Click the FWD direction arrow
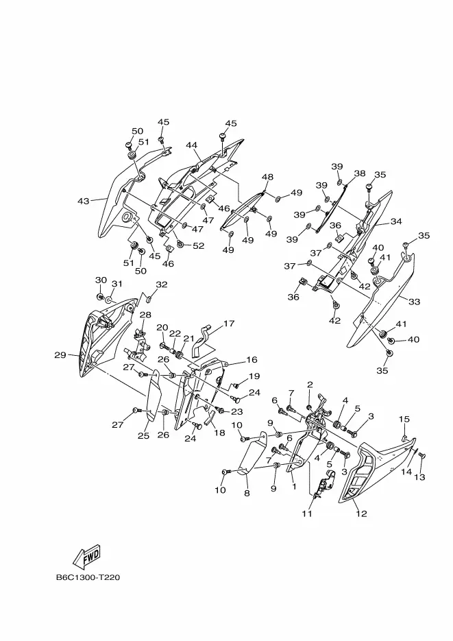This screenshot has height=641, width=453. [86, 556]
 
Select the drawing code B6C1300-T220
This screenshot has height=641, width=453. [88, 578]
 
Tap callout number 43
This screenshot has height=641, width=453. [84, 201]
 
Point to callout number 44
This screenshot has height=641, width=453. [192, 145]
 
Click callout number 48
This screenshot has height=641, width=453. [267, 177]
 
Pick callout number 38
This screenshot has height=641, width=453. [360, 173]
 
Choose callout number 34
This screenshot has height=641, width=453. [396, 221]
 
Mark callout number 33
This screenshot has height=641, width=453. [414, 302]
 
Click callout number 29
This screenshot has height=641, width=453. [60, 355]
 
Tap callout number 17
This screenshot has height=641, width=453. [229, 324]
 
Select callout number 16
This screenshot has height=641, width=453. [252, 359]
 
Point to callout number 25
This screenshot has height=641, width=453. [143, 436]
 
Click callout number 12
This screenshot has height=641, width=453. [361, 513]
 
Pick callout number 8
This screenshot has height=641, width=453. [247, 494]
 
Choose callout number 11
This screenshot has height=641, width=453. [307, 513]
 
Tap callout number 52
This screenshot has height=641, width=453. [199, 245]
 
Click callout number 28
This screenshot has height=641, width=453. [145, 315]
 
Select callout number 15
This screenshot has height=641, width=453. [404, 419]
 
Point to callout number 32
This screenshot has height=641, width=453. [162, 284]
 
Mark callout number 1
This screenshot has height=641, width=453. [294, 487]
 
